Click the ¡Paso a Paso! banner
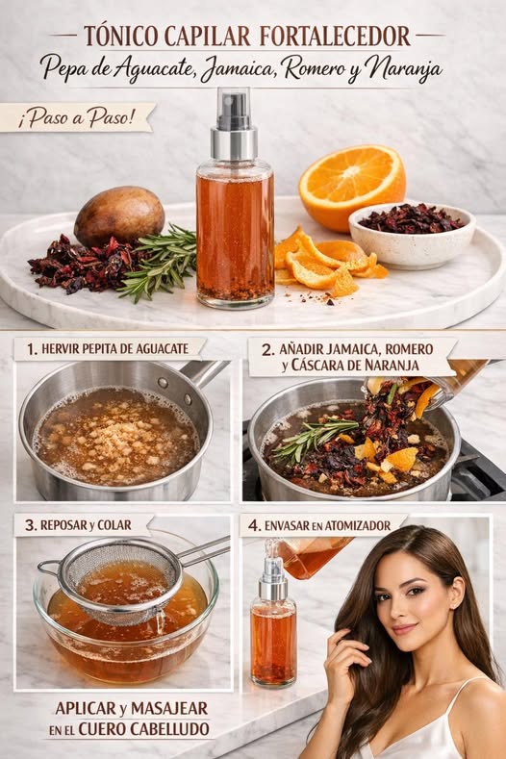click(77, 117)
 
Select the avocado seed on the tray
click(119, 216)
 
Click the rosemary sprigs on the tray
click(159, 262)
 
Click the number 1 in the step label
click(32, 349)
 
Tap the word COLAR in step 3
click(114, 525)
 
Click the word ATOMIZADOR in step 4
click(357, 525)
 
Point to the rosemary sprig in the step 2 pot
click(314, 437)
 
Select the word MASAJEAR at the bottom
click(169, 708)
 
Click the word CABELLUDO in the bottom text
click(169, 729)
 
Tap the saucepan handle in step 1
click(203, 371)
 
